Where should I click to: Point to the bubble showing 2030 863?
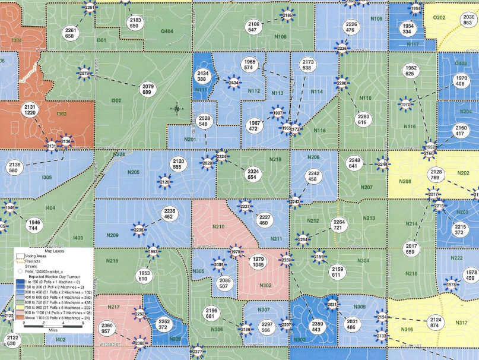pyautogui.click(x=467, y=20)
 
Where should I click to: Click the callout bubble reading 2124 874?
pyautogui.click(x=434, y=321)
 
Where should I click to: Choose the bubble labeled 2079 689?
pyautogui.click(x=147, y=89)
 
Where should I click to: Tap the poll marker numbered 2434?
pyautogui.click(x=234, y=82)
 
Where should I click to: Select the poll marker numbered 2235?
pyautogui.click(x=139, y=229)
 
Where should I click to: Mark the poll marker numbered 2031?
pyautogui.click(x=332, y=305)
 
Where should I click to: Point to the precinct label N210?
pyautogui.click(x=218, y=228)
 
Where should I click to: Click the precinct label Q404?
pyautogui.click(x=167, y=31)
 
